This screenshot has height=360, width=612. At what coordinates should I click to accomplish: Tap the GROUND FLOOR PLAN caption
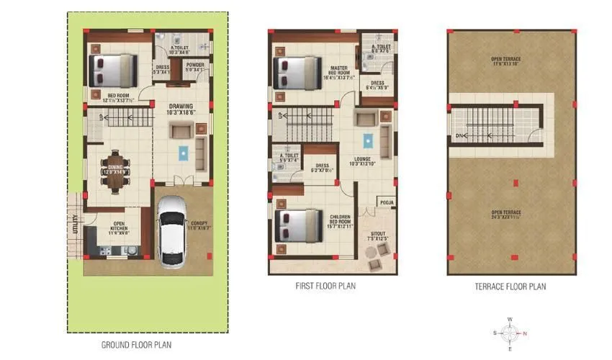pos(137,345)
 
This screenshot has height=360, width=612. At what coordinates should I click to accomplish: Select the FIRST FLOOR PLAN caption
pos(325,286)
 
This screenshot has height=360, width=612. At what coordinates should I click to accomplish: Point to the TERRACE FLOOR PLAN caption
pos(510,287)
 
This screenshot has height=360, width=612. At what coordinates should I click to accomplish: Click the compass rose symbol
pos(510,333)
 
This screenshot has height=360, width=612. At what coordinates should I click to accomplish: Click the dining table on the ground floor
pos(116,171)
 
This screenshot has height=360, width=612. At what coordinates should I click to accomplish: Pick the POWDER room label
pos(195,68)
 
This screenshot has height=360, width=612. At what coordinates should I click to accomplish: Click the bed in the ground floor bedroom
pos(112,70)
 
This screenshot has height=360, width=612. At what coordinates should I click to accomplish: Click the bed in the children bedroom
pos(296,225)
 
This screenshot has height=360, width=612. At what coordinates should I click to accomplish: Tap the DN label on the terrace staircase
pos(458,135)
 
